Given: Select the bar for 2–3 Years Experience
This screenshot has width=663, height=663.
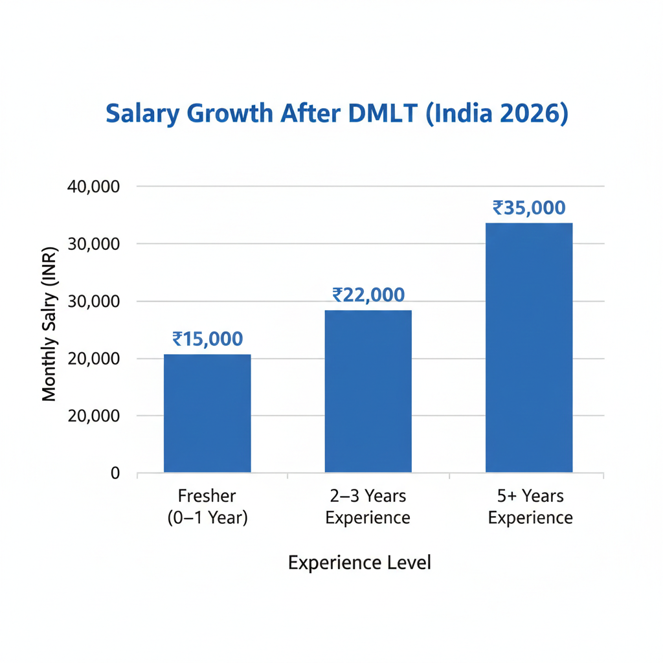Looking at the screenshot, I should tap(368, 391).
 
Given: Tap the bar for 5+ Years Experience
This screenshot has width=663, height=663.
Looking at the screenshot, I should tap(529, 348).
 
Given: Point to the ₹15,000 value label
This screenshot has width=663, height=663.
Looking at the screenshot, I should tap(207, 339).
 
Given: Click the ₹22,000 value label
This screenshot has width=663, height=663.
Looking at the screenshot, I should tap(368, 295).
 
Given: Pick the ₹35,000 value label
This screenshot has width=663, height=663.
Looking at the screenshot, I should tap(529, 208).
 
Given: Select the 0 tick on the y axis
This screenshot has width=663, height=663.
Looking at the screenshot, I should tap(115, 473).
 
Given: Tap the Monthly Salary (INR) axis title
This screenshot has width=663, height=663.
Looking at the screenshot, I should tap(50, 324).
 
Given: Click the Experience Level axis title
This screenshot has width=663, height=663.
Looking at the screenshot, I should tap(359, 563).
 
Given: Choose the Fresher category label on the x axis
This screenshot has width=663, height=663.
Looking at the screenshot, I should tap(207, 497).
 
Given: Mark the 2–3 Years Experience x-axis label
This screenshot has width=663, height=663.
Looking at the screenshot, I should tap(368, 507).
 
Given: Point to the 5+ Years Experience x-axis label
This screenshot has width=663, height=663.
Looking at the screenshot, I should tap(530, 507).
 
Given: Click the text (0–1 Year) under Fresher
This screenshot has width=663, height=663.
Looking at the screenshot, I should tap(207, 518).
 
